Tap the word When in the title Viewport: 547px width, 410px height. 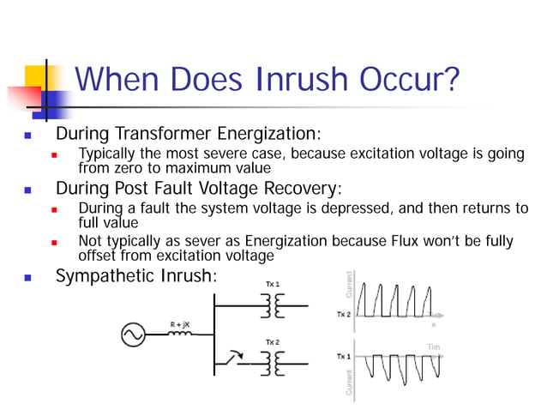[122, 83]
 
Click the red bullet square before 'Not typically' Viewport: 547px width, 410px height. [53, 241]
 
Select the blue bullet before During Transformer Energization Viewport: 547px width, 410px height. [28, 136]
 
